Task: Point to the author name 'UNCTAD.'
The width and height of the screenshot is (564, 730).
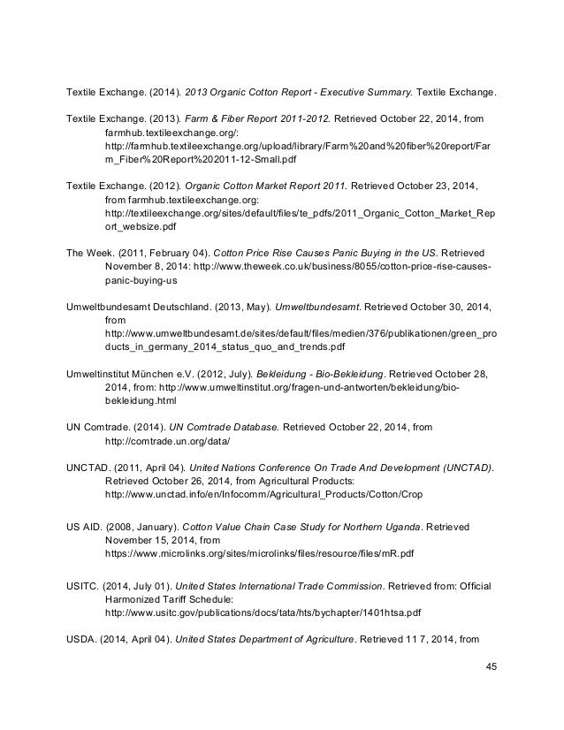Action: [90, 466]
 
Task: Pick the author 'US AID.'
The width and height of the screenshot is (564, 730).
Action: [88, 525]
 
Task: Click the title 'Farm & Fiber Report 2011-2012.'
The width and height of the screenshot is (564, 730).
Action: [259, 118]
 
